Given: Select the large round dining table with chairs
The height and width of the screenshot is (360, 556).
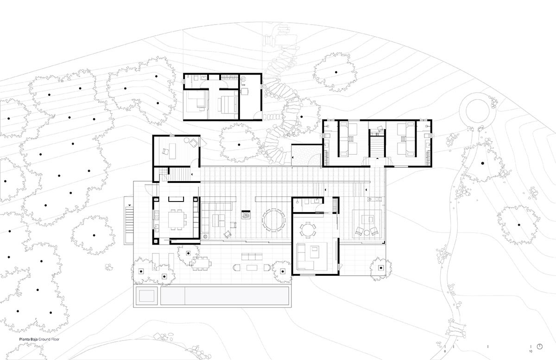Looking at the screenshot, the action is [x=273, y=220].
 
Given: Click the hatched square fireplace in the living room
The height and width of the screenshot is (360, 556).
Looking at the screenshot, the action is [x=246, y=215].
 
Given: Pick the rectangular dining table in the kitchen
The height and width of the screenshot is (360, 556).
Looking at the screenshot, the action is [x=176, y=220].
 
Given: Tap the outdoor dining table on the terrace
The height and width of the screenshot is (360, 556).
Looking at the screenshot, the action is [x=200, y=263].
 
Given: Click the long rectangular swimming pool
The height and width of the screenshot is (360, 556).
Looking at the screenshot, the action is [x=225, y=296].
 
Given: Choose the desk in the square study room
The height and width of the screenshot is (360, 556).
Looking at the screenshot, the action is [x=172, y=151].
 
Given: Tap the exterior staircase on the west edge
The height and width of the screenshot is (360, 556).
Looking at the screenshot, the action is [x=129, y=223].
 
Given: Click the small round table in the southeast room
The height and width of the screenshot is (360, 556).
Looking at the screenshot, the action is [x=308, y=230].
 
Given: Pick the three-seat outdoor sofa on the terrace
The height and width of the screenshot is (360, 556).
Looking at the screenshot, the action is [x=252, y=257].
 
